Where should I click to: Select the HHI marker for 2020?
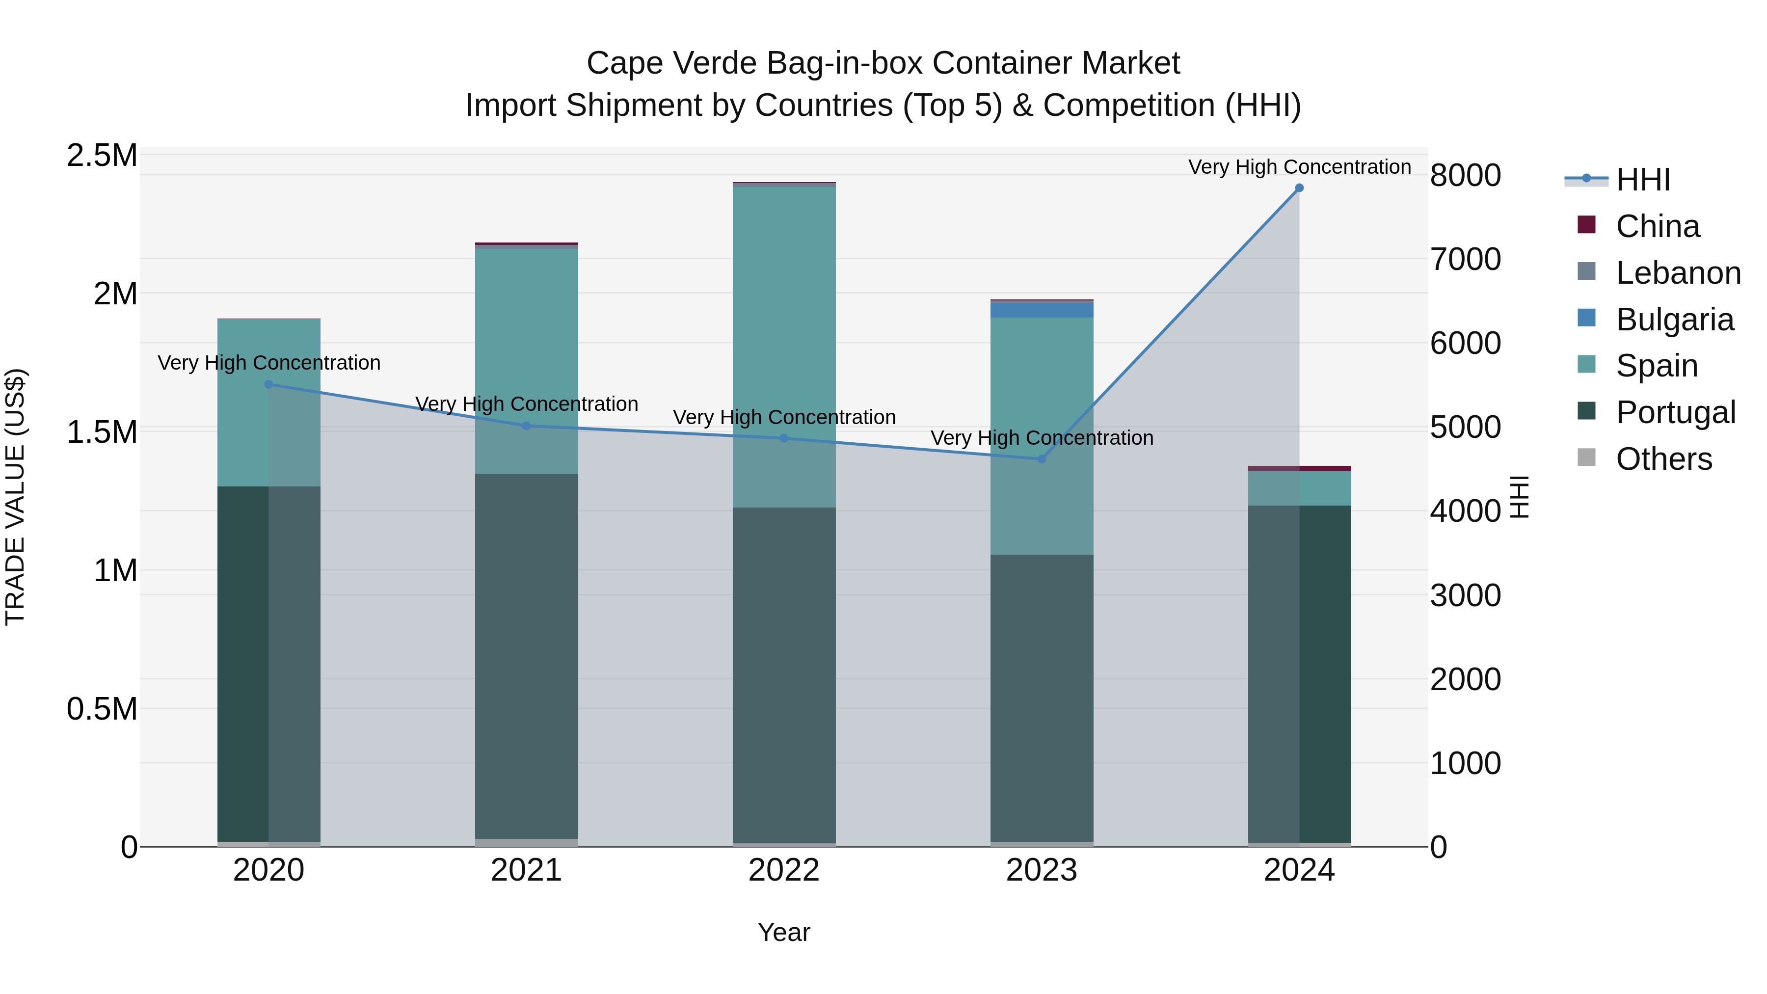click(x=269, y=384)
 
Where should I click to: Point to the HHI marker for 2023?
click(x=1041, y=459)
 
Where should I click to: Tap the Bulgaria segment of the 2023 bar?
click(x=1041, y=309)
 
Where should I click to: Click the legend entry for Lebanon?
click(x=1678, y=273)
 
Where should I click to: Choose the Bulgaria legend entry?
click(x=1674, y=320)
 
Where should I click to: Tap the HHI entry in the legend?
click(x=1642, y=180)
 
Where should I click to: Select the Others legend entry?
click(x=1663, y=459)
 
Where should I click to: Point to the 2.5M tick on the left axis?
click(x=102, y=156)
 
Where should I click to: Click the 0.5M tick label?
click(x=102, y=709)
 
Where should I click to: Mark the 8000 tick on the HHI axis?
click(x=1465, y=176)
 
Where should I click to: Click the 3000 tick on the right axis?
click(x=1465, y=595)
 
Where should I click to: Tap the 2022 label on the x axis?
click(x=784, y=870)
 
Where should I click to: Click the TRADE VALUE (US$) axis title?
click(x=15, y=497)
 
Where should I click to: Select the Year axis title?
click(x=784, y=932)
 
